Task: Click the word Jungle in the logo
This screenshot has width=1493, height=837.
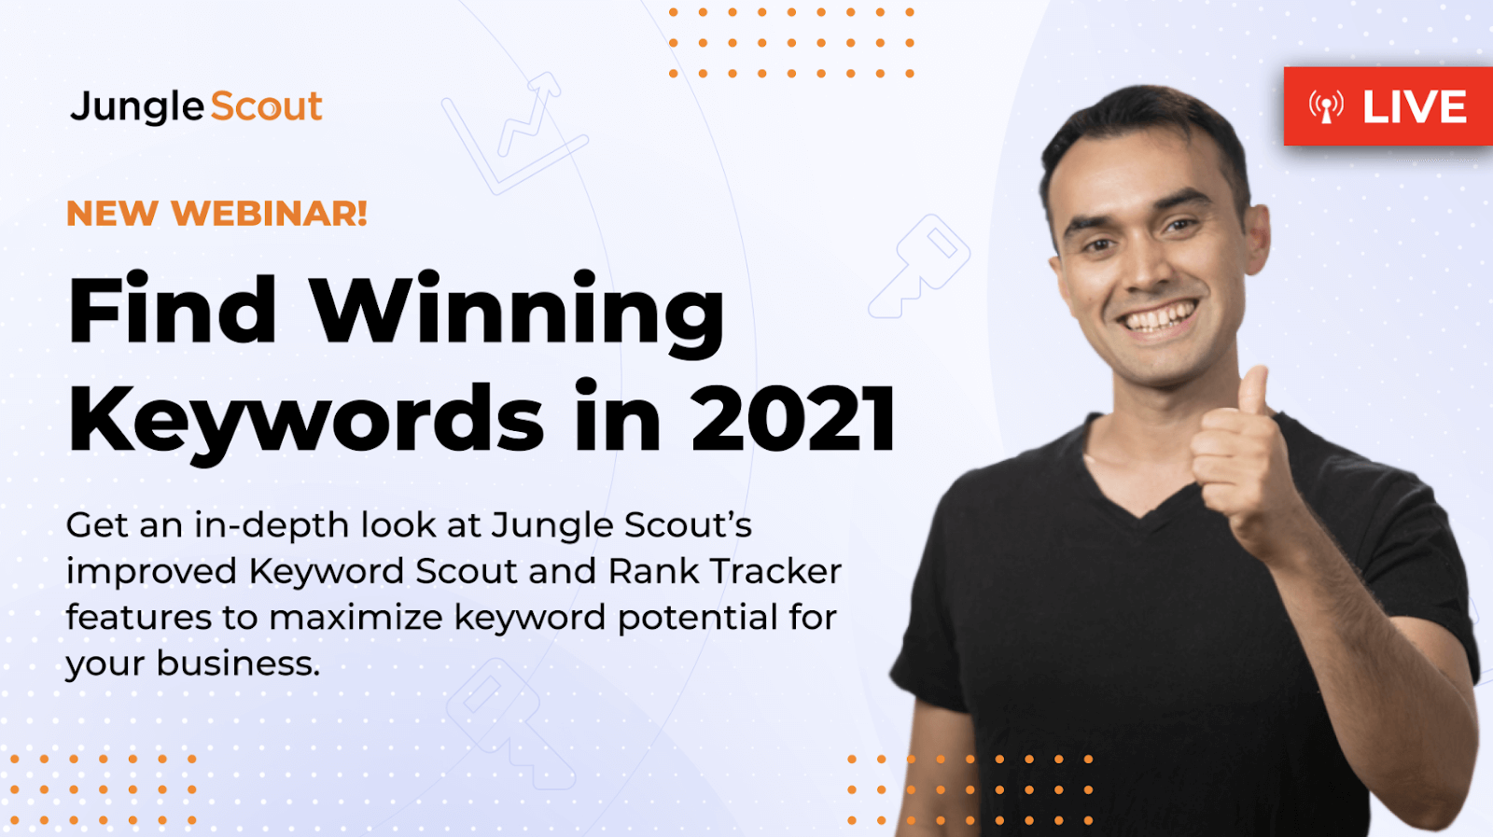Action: (x=136, y=106)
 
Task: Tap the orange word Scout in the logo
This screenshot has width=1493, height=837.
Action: (x=267, y=106)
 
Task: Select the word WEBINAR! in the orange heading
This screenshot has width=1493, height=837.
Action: (x=270, y=214)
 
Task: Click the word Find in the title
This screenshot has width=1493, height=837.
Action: (x=172, y=308)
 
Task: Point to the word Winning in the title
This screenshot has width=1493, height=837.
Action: (x=518, y=314)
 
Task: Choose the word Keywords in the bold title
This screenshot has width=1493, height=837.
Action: (x=306, y=420)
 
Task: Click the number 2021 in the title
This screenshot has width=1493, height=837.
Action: (x=793, y=418)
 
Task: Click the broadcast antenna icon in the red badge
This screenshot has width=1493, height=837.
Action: (x=1326, y=106)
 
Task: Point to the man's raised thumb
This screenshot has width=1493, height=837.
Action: (x=1254, y=393)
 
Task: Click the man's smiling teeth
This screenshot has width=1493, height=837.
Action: (x=1161, y=316)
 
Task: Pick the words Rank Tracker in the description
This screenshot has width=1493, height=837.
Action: (x=724, y=571)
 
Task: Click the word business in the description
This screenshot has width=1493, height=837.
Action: (x=238, y=663)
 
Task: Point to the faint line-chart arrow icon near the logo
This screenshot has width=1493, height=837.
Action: (x=514, y=133)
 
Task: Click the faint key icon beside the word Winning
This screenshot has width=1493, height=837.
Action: (x=920, y=267)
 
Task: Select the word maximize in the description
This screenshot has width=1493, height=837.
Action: (x=356, y=617)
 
